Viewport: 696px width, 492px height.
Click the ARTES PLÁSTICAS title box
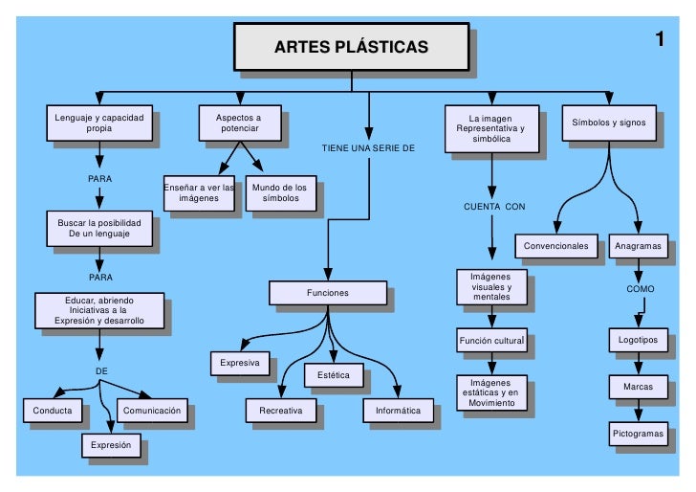tap(351, 47)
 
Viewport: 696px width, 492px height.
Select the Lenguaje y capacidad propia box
tap(98, 123)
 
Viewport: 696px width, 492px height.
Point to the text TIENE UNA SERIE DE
tap(368, 148)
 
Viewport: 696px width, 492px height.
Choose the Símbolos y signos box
tap(609, 123)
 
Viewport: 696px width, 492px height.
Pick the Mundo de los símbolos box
tap(280, 192)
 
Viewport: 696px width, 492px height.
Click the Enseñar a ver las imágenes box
tap(199, 192)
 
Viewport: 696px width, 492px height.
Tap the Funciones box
tap(327, 293)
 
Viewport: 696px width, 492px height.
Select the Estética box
tap(333, 375)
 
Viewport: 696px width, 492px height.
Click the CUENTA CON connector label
tap(494, 207)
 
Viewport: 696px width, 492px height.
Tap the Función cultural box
tap(491, 340)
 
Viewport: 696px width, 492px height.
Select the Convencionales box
tap(555, 246)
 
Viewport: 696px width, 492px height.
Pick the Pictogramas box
tap(638, 434)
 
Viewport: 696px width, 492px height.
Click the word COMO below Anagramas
tap(641, 288)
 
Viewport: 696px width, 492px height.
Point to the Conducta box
tap(53, 411)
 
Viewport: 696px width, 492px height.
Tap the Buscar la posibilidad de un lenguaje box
tap(98, 228)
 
